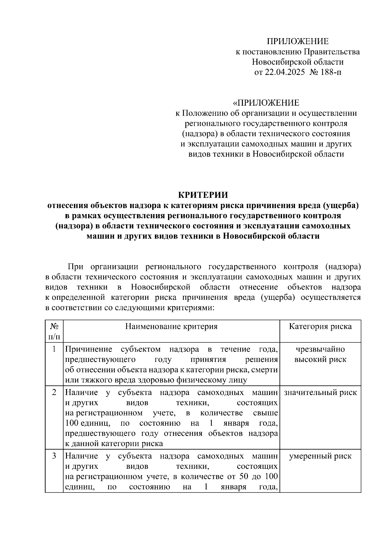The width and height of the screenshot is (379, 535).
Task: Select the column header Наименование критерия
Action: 171,327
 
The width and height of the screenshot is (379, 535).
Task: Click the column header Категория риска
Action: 320,327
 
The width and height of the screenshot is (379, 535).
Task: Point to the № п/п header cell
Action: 54,331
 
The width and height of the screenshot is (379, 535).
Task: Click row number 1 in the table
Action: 54,349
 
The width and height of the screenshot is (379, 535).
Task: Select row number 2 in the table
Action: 54,393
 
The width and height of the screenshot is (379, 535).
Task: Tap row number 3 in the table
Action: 54,456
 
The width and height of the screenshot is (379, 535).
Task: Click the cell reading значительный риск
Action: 320,393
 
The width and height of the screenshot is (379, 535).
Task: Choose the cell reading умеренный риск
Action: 320,456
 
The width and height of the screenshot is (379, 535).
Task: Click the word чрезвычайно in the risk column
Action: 320,349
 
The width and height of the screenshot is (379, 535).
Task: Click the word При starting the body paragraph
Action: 75,267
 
